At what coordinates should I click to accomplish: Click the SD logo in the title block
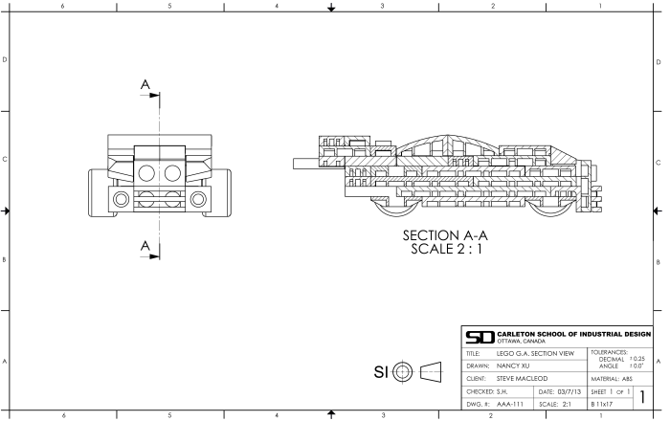point(479,337)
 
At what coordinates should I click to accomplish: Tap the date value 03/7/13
point(565,391)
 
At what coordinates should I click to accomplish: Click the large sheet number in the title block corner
point(643,397)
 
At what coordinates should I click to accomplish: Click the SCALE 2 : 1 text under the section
point(446,251)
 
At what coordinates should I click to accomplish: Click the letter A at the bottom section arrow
point(145,247)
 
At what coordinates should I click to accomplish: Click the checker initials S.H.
point(507,391)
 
